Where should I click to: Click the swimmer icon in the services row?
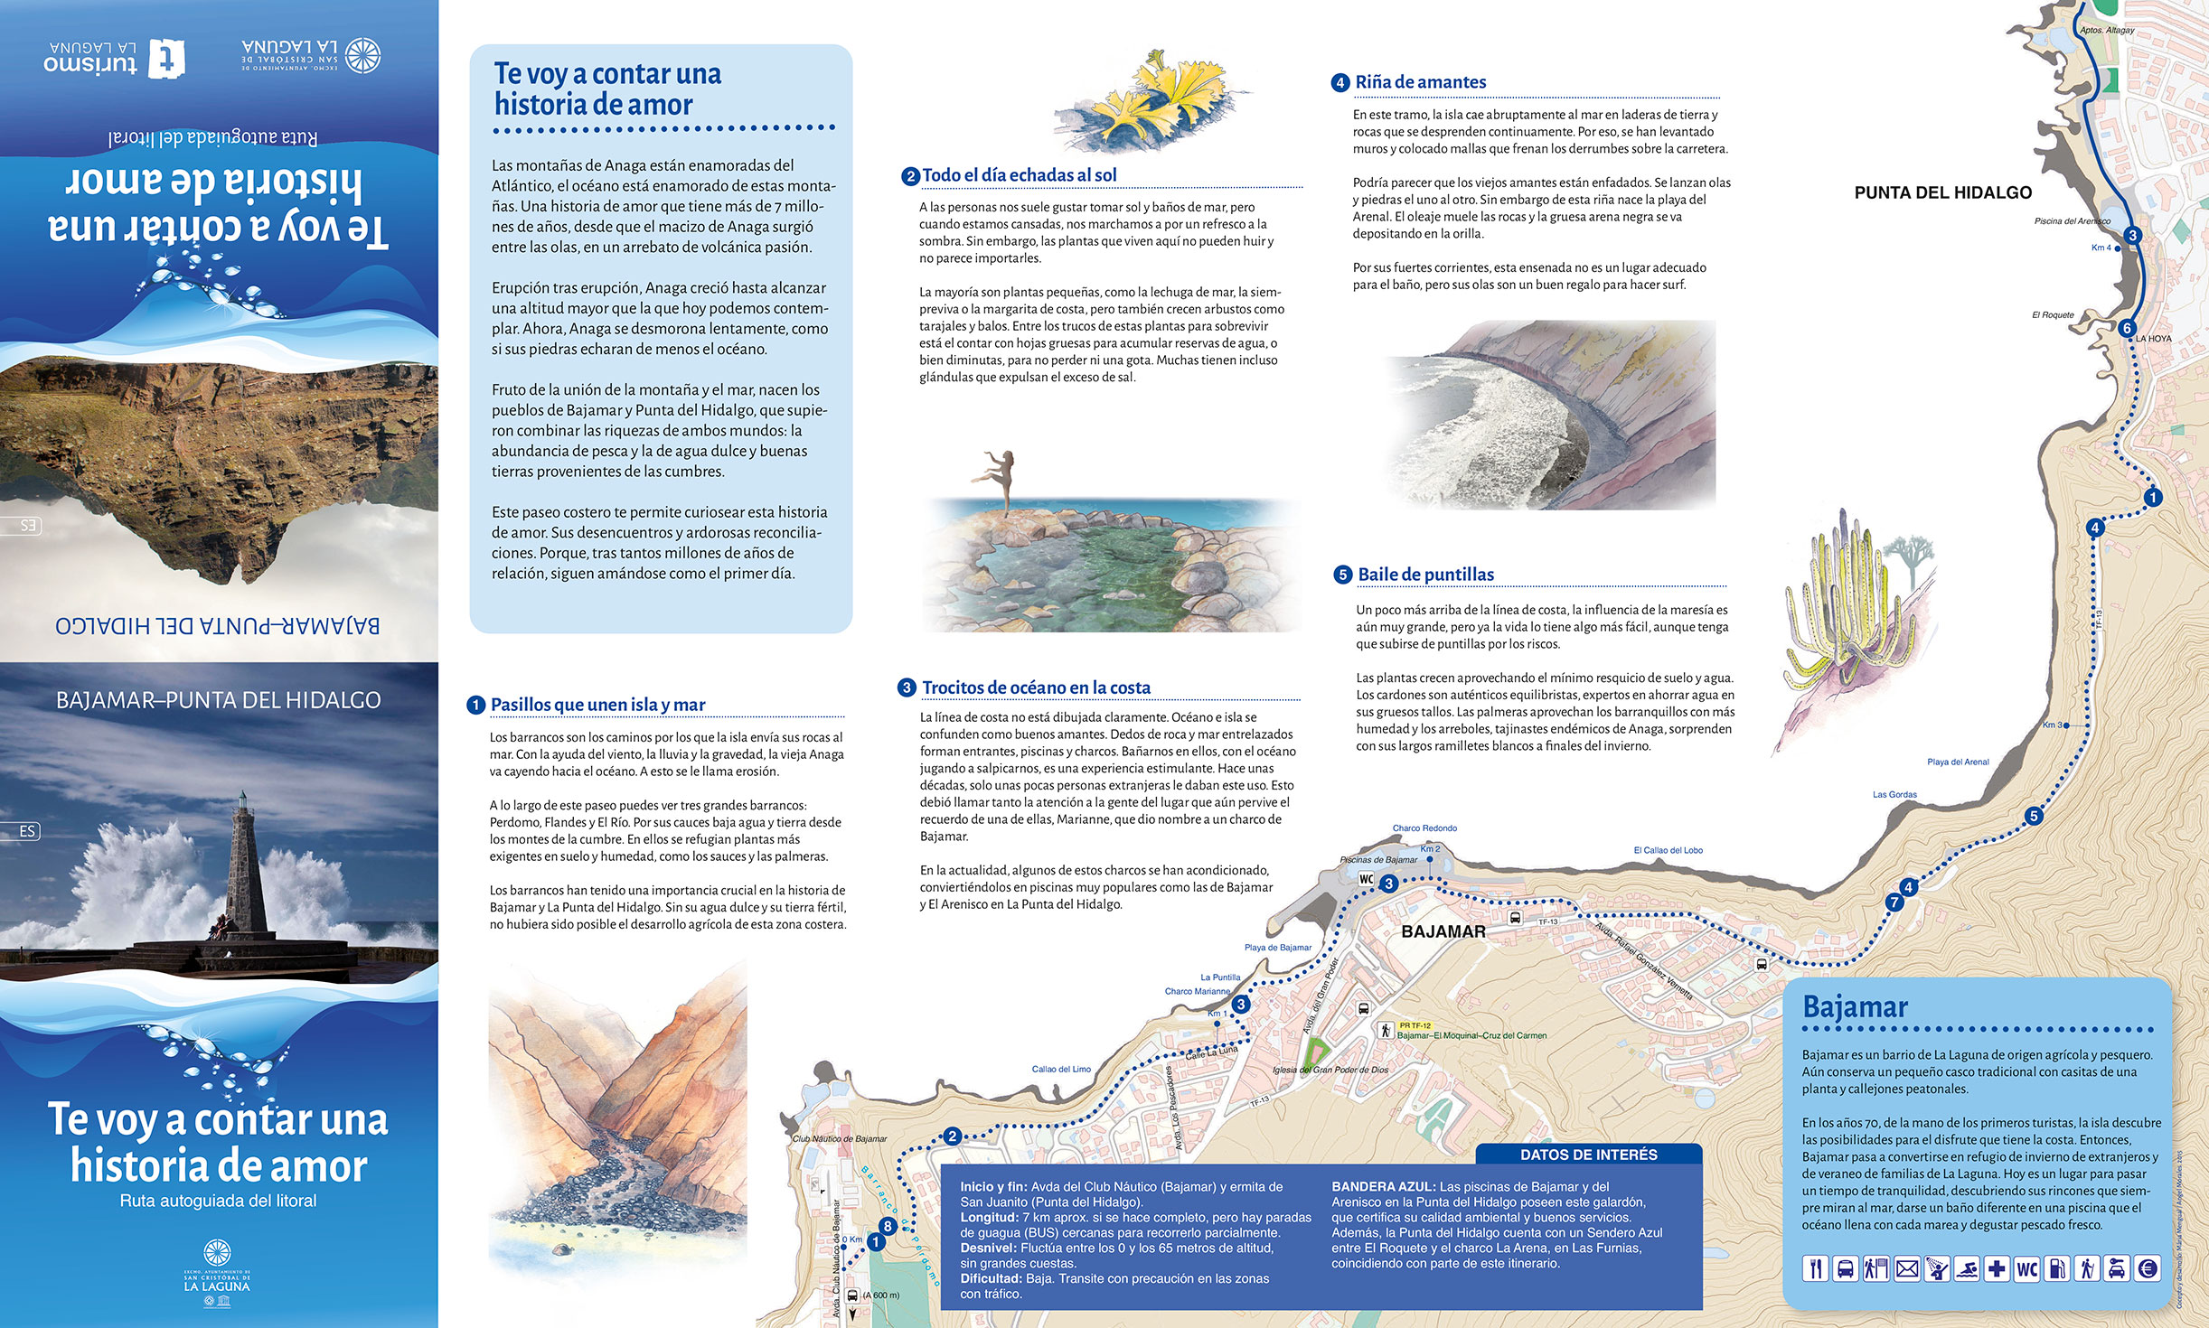click(1966, 1268)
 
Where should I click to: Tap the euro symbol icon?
click(2148, 1268)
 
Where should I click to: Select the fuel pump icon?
click(2057, 1268)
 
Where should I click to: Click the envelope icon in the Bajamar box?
click(1906, 1268)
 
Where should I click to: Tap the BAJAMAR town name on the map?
click(1443, 931)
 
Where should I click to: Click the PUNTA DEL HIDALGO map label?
click(1942, 192)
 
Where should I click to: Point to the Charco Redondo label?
click(1424, 828)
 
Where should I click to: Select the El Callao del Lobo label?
click(1668, 850)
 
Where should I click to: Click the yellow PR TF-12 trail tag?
click(1415, 1025)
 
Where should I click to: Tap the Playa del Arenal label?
click(1958, 762)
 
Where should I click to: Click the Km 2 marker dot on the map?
click(1430, 858)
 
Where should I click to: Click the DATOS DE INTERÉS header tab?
click(1588, 1155)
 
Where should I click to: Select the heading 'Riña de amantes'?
click(1420, 82)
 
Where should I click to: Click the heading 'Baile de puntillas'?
click(1425, 575)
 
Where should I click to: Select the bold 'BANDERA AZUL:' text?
click(1383, 1187)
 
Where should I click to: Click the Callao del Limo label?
click(1061, 1069)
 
